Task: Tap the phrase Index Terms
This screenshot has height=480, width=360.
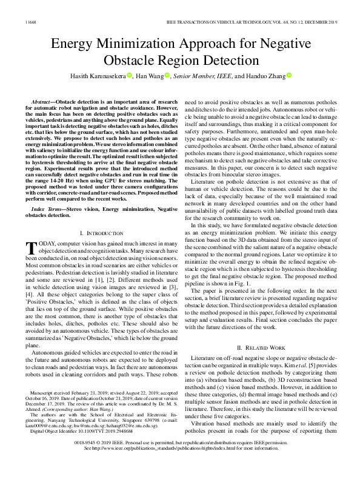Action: [x=47, y=208]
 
